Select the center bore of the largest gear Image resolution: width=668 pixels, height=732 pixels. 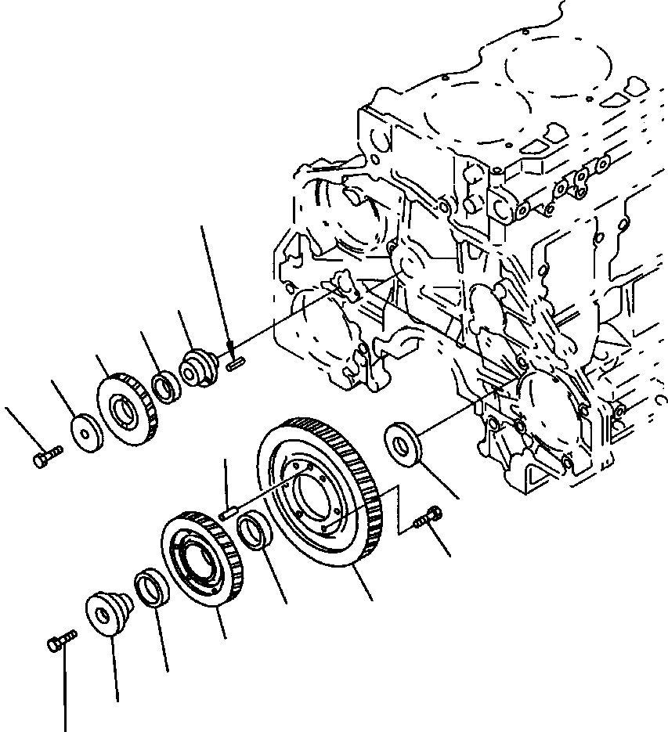(310, 499)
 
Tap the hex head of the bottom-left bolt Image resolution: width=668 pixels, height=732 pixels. (53, 644)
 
